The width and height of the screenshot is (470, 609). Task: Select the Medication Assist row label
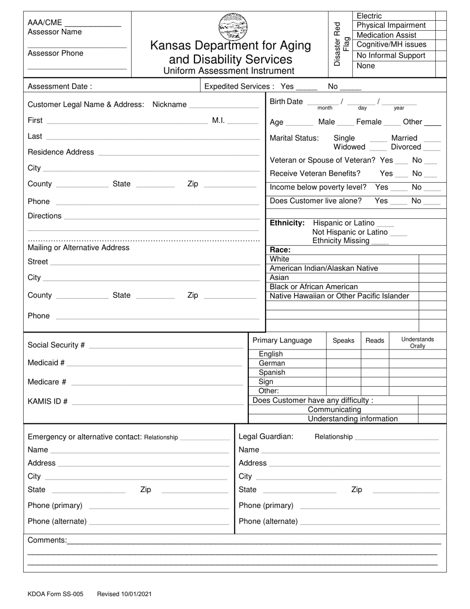point(386,35)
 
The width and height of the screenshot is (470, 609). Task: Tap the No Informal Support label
point(391,55)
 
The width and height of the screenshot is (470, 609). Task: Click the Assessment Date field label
point(60,86)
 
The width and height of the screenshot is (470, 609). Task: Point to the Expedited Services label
point(239,86)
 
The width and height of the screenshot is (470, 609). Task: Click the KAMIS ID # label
point(48,401)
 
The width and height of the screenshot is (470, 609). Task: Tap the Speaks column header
point(343,341)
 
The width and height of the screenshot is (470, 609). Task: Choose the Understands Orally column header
point(418,343)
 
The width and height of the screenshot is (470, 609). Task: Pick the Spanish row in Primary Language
point(272,372)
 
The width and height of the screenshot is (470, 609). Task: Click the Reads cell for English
point(375,354)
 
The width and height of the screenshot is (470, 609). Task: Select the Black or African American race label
point(314,287)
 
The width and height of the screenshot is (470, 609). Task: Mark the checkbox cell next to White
point(432,259)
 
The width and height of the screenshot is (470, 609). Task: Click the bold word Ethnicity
point(287,223)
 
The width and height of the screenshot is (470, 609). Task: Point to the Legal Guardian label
point(266,436)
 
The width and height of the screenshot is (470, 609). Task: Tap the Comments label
point(47,540)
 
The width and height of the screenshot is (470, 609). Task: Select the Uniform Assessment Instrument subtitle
point(229,71)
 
